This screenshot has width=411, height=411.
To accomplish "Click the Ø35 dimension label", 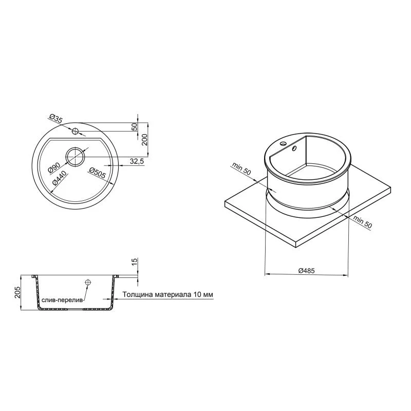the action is (56, 119).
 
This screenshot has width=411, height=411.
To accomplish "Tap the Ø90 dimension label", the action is (54, 167).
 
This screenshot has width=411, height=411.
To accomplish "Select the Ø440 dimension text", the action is (60, 178).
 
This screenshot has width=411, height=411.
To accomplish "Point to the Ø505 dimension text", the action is (97, 173).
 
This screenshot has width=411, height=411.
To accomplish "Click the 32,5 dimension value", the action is (137, 161).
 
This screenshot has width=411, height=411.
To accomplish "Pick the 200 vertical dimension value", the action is (145, 139).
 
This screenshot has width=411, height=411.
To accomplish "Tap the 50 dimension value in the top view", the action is (135, 126).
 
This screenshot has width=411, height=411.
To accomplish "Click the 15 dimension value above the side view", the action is (134, 261).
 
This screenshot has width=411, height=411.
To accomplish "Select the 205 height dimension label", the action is (17, 292).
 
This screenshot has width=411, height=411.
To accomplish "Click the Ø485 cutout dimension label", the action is (306, 271).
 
